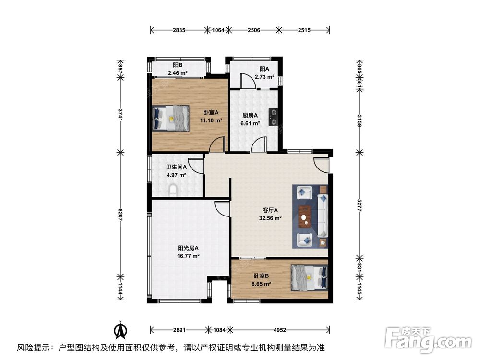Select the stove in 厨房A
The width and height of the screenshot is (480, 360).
pyautogui.click(x=273, y=117)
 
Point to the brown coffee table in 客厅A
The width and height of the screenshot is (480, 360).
pyautogui.click(x=304, y=216)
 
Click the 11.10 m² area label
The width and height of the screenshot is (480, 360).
pyautogui.click(x=211, y=120)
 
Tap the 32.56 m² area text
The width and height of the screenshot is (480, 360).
pyautogui.click(x=270, y=217)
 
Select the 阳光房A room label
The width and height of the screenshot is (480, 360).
pyautogui.click(x=188, y=248)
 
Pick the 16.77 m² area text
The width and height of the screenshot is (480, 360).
pyautogui.click(x=188, y=256)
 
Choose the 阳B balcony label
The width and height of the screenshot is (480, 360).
pyautogui.click(x=178, y=65)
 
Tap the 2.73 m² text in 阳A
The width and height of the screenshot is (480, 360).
pyautogui.click(x=264, y=77)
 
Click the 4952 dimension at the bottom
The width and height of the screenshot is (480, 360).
pyautogui.click(x=280, y=330)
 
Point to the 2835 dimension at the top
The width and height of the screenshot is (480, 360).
pyautogui.click(x=180, y=30)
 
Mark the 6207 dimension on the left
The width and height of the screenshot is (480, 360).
pyautogui.click(x=120, y=214)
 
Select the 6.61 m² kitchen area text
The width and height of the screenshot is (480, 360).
pyautogui.click(x=250, y=123)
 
